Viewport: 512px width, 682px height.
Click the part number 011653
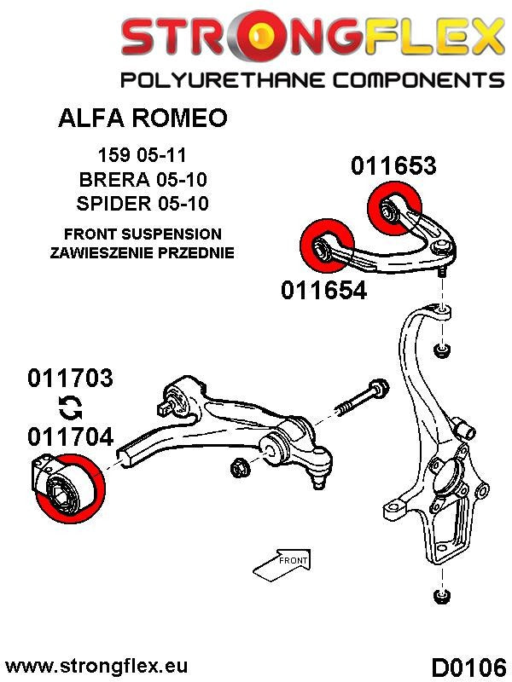pyautogui.click(x=393, y=165)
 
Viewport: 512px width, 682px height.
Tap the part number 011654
pyautogui.click(x=323, y=291)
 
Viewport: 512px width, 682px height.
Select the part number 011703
pyautogui.click(x=70, y=379)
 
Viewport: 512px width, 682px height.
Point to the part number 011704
pyautogui.click(x=70, y=436)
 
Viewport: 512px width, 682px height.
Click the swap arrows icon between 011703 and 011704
pyautogui.click(x=70, y=407)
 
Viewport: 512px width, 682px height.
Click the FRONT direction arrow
pyautogui.click(x=282, y=561)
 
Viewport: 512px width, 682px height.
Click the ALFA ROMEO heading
pyautogui.click(x=143, y=118)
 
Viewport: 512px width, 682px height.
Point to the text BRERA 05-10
pyautogui.click(x=143, y=180)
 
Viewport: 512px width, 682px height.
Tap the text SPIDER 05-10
pyautogui.click(x=143, y=204)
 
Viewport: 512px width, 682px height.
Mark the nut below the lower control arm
pyautogui.click(x=240, y=466)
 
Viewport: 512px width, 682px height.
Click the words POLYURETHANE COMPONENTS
pyautogui.click(x=312, y=81)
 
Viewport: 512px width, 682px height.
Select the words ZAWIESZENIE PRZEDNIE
pyautogui.click(x=143, y=253)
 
